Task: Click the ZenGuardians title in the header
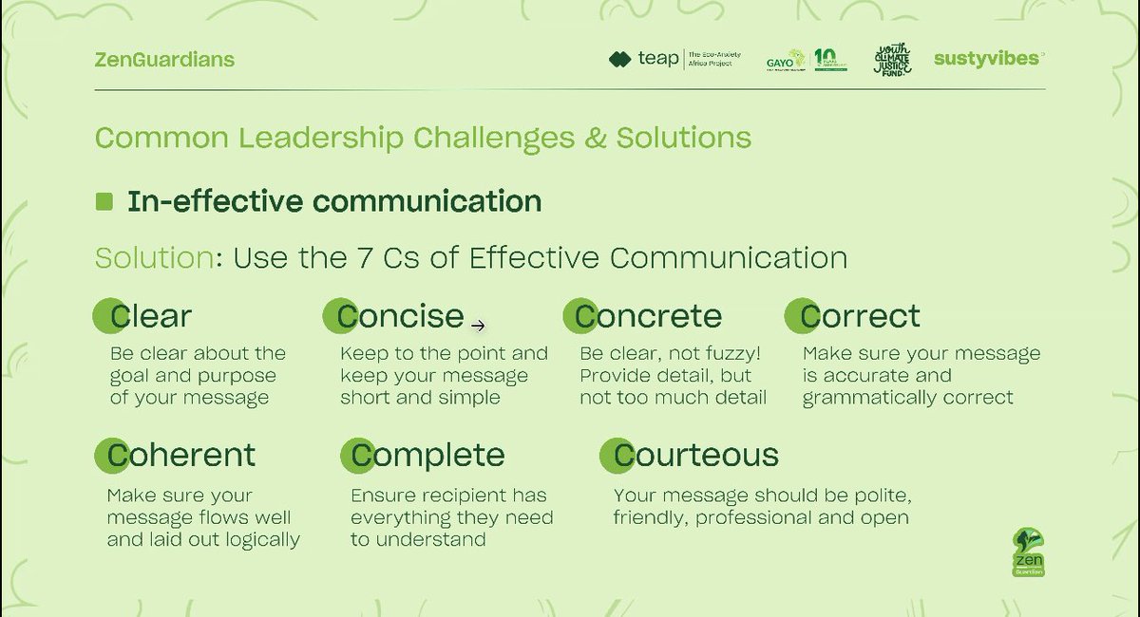click(164, 60)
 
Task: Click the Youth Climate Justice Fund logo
click(892, 60)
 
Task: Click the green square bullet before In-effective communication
click(104, 201)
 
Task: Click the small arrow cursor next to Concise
click(479, 326)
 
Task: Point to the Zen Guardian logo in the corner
click(1029, 552)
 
